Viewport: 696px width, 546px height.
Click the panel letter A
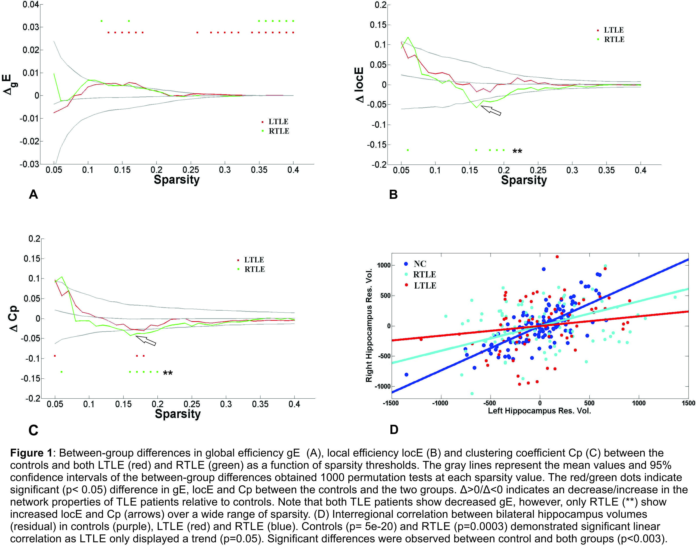click(x=33, y=194)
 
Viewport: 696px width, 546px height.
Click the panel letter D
click(x=394, y=429)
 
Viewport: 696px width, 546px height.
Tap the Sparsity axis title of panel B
click(x=524, y=180)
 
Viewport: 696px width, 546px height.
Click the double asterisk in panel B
click(x=517, y=151)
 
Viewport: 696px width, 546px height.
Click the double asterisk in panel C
click(x=168, y=373)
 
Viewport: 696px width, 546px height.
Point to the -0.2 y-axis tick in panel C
click(x=32, y=398)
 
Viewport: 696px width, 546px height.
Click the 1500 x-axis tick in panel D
click(x=688, y=403)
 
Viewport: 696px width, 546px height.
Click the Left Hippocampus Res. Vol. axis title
click(x=539, y=411)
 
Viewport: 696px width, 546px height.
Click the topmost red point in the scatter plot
click(x=557, y=257)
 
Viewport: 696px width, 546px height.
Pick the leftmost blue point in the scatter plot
click(x=406, y=374)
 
